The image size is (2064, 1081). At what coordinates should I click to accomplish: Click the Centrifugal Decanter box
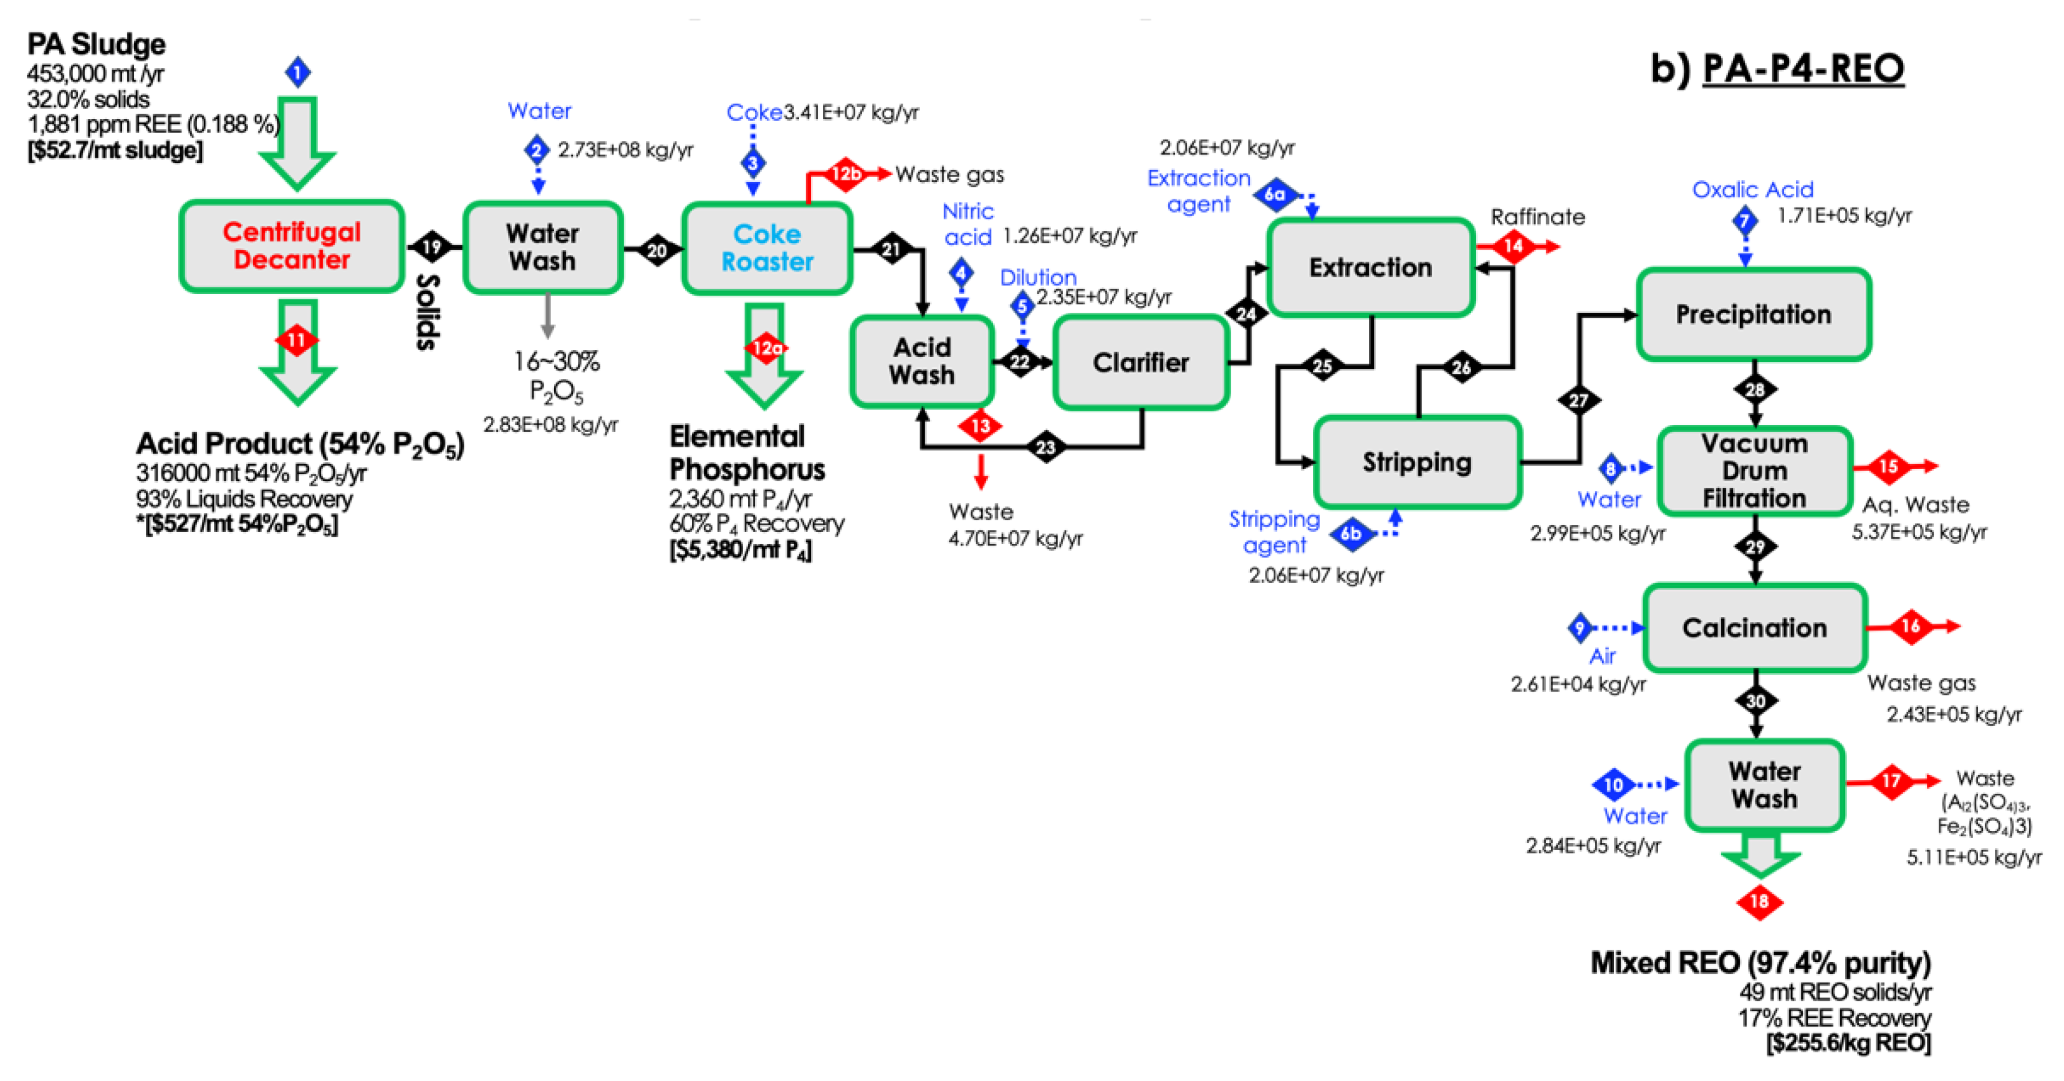coord(292,246)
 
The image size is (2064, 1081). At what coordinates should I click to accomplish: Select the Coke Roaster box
coord(767,248)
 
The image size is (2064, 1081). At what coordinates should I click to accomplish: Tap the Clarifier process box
coord(1141,363)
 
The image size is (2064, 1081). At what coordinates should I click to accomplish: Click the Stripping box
coord(1418,462)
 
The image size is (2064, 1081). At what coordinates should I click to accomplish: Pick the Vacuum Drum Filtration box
coord(1754,471)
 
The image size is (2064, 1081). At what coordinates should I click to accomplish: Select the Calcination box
coord(1755,628)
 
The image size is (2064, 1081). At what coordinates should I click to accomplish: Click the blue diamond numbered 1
coord(298,73)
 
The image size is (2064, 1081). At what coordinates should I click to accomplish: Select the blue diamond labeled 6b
coord(1351,533)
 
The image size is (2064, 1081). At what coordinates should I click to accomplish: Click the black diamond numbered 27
coord(1578,401)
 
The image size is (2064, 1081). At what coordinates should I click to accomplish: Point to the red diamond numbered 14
coord(1513,246)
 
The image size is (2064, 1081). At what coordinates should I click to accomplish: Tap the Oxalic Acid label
coord(1752,190)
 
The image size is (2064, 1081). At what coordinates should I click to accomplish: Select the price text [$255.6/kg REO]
coord(1848,1044)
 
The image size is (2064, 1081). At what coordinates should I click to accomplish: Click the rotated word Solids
coord(428,312)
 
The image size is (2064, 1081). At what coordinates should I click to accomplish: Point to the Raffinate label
coord(1537,217)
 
